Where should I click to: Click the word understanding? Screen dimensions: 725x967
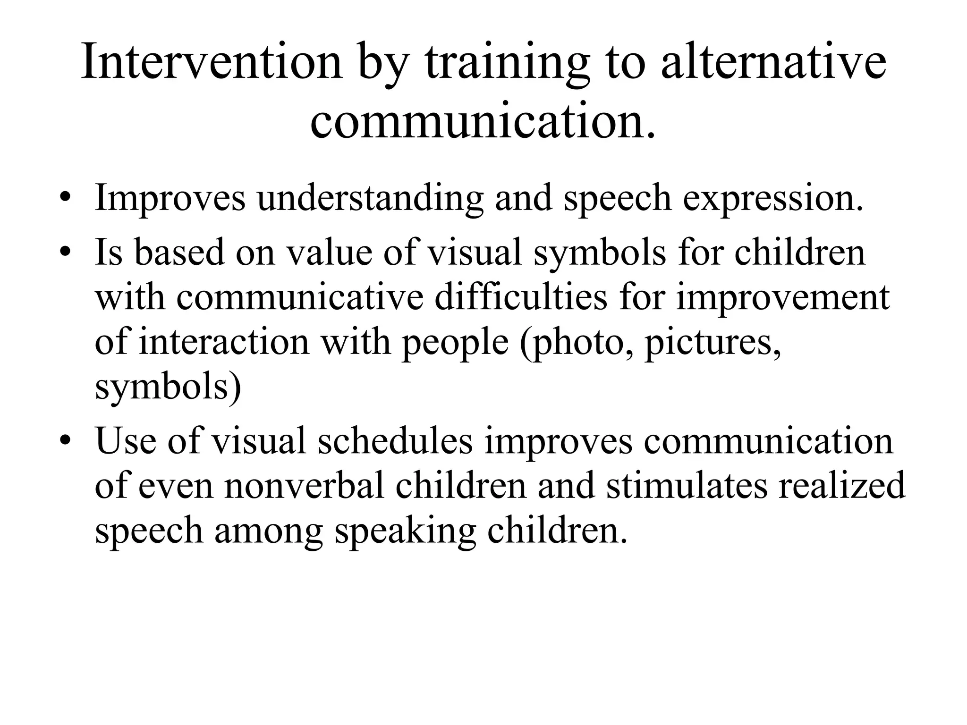point(370,198)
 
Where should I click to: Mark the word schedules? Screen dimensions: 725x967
point(395,441)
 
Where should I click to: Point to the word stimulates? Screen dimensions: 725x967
point(687,486)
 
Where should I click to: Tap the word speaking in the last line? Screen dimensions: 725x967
point(405,531)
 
